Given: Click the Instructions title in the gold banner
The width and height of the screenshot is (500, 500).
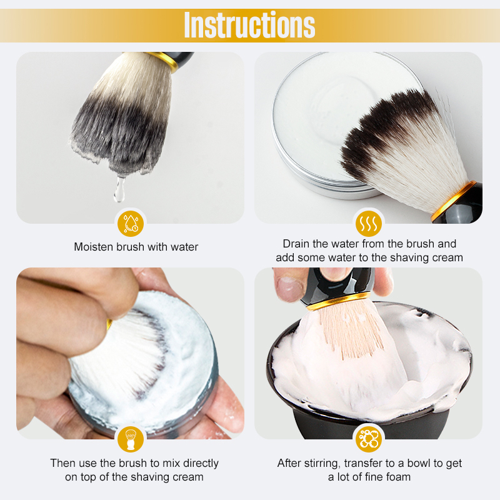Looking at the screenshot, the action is point(249,24).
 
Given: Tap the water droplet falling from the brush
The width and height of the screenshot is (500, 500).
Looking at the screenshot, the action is point(119,190).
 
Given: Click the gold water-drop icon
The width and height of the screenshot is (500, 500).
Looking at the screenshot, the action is point(131,224).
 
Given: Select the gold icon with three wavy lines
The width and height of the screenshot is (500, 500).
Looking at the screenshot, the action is point(369,224).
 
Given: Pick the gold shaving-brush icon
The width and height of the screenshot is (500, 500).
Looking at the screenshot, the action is point(131,439).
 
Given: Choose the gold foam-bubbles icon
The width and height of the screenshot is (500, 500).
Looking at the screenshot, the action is point(369,439).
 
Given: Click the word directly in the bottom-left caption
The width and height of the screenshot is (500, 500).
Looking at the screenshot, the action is point(201,463).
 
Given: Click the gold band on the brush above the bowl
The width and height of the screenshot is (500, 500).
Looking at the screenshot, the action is point(339,301).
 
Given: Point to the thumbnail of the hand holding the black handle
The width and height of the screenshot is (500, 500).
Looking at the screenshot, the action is point(289,289).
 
